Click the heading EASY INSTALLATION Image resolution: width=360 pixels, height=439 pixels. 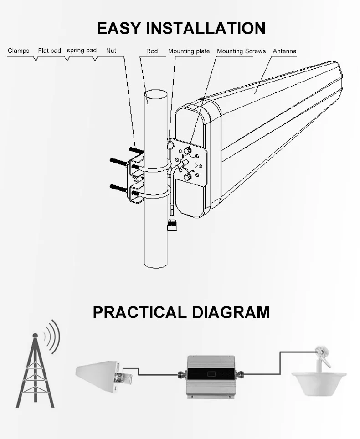181,28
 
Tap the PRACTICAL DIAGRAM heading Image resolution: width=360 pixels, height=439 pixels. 181,312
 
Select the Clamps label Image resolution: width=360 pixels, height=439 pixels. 19,51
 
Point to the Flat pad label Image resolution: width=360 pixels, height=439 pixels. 49,51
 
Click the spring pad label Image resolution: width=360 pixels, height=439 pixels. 82,50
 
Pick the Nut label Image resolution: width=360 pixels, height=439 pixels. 111,51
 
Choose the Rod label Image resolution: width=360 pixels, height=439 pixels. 152,51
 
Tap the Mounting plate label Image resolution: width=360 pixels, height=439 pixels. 189,51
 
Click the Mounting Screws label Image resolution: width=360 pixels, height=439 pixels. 241,51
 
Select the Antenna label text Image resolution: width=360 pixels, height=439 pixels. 284,51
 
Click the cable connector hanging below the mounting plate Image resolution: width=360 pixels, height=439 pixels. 171,224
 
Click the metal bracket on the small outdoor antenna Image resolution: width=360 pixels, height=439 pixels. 124,377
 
